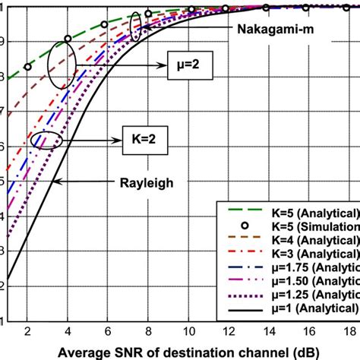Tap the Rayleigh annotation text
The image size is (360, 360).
coord(146,182)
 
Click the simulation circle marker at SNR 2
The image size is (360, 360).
coord(27,67)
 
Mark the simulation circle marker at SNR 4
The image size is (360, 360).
coord(68,39)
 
